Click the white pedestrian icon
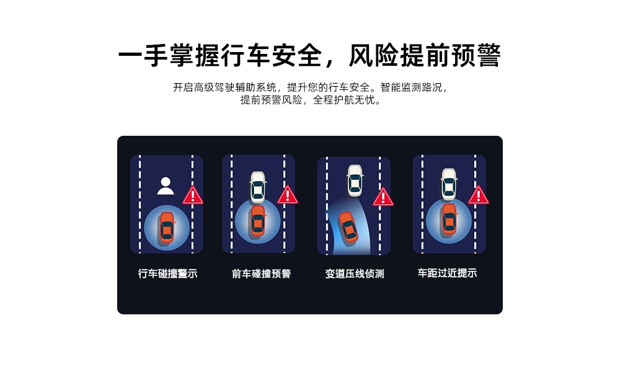coord(166,186)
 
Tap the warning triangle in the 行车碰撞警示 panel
coord(193,195)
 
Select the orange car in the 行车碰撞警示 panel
coord(167,228)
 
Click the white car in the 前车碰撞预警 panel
coord(258,187)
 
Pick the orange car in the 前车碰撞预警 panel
coord(258,221)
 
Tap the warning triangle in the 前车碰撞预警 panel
coord(288,195)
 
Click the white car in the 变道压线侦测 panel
coord(355,180)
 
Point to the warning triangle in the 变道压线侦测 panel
coord(383,197)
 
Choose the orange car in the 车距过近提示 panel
coord(449,219)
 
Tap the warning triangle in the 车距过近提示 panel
coord(479,195)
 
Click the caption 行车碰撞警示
coord(167,273)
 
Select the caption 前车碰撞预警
coord(262,273)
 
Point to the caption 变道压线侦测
coord(355,273)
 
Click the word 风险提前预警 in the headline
coord(425,55)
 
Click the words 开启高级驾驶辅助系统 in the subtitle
coord(224,87)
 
